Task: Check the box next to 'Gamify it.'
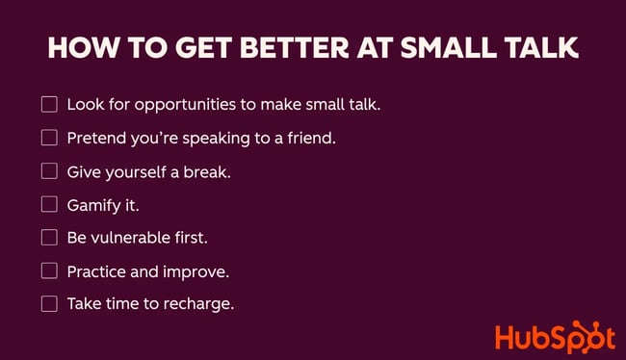[x=49, y=204]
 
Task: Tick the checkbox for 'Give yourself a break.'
[x=49, y=171]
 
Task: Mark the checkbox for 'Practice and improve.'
[x=49, y=271]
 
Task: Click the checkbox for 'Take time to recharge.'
[x=49, y=304]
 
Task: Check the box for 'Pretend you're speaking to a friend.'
[x=49, y=138]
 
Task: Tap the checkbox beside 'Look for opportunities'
[x=49, y=104]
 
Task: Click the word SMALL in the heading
[x=447, y=49]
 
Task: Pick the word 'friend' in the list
[x=308, y=138]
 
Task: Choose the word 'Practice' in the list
[x=97, y=271]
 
